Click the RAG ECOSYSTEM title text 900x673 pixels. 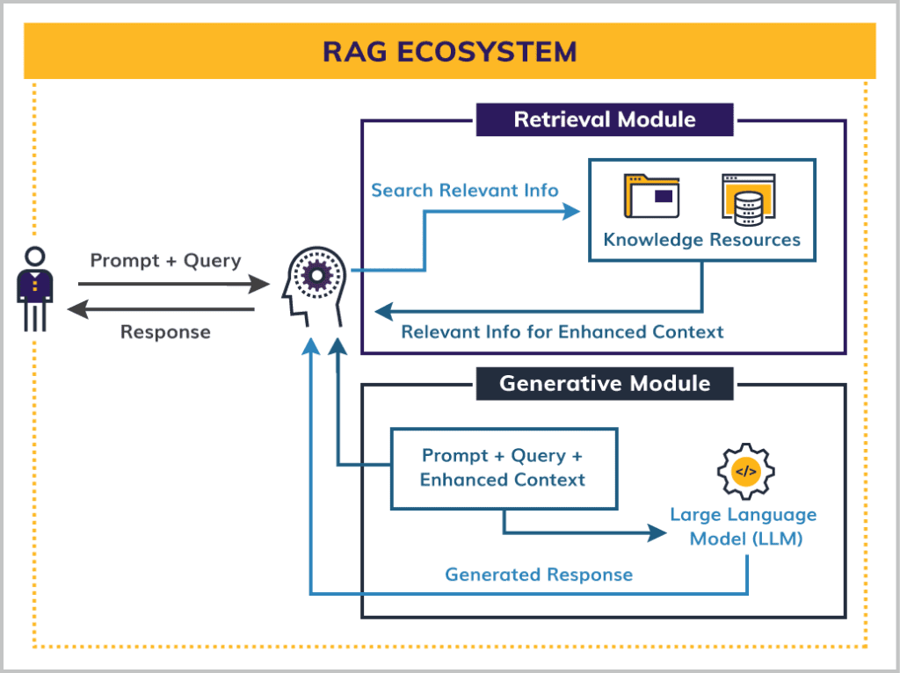coord(449,51)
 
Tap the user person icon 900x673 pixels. coord(35,288)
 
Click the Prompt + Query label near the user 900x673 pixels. coord(165,261)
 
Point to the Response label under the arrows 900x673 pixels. coord(165,332)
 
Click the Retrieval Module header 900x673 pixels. coord(604,119)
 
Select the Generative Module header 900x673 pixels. coord(604,384)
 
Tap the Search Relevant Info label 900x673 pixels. coord(464,191)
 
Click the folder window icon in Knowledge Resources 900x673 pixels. coord(651,195)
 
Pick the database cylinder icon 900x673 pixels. coord(747,199)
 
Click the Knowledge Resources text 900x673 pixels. coord(701,240)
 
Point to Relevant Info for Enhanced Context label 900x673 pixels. coord(562,332)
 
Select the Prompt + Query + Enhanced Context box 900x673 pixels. coord(503,468)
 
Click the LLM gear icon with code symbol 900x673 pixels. coord(744,473)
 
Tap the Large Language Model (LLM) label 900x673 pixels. coord(744,527)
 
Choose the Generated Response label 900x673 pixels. coord(538,575)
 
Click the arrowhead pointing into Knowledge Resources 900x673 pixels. coord(572,212)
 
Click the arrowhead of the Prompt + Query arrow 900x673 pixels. coord(260,285)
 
